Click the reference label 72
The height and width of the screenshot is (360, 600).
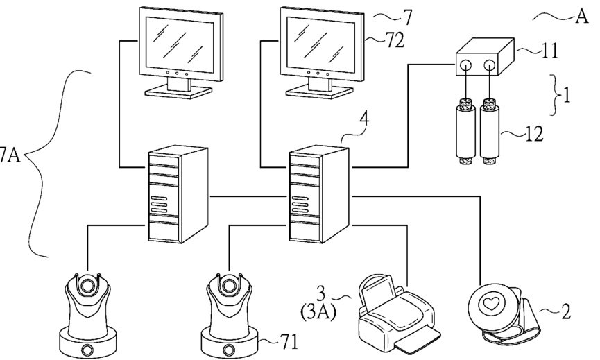coord(397,40)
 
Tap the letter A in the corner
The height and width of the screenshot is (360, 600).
coord(581,17)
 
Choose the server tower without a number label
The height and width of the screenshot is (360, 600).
coord(178,194)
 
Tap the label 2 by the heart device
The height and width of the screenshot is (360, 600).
coord(566,311)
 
